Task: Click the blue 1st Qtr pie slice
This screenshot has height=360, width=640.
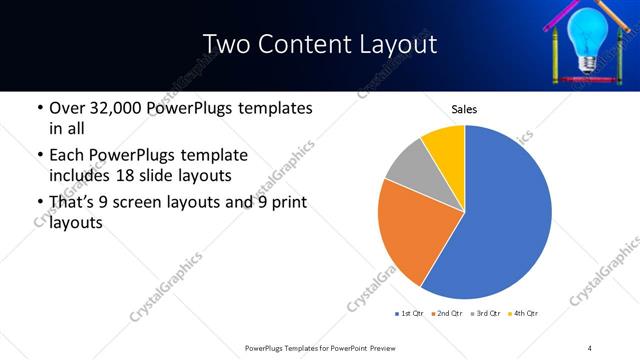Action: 505,215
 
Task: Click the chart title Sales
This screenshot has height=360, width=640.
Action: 464,109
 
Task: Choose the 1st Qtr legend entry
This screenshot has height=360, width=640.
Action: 408,314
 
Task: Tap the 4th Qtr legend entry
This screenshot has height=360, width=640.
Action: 524,314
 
